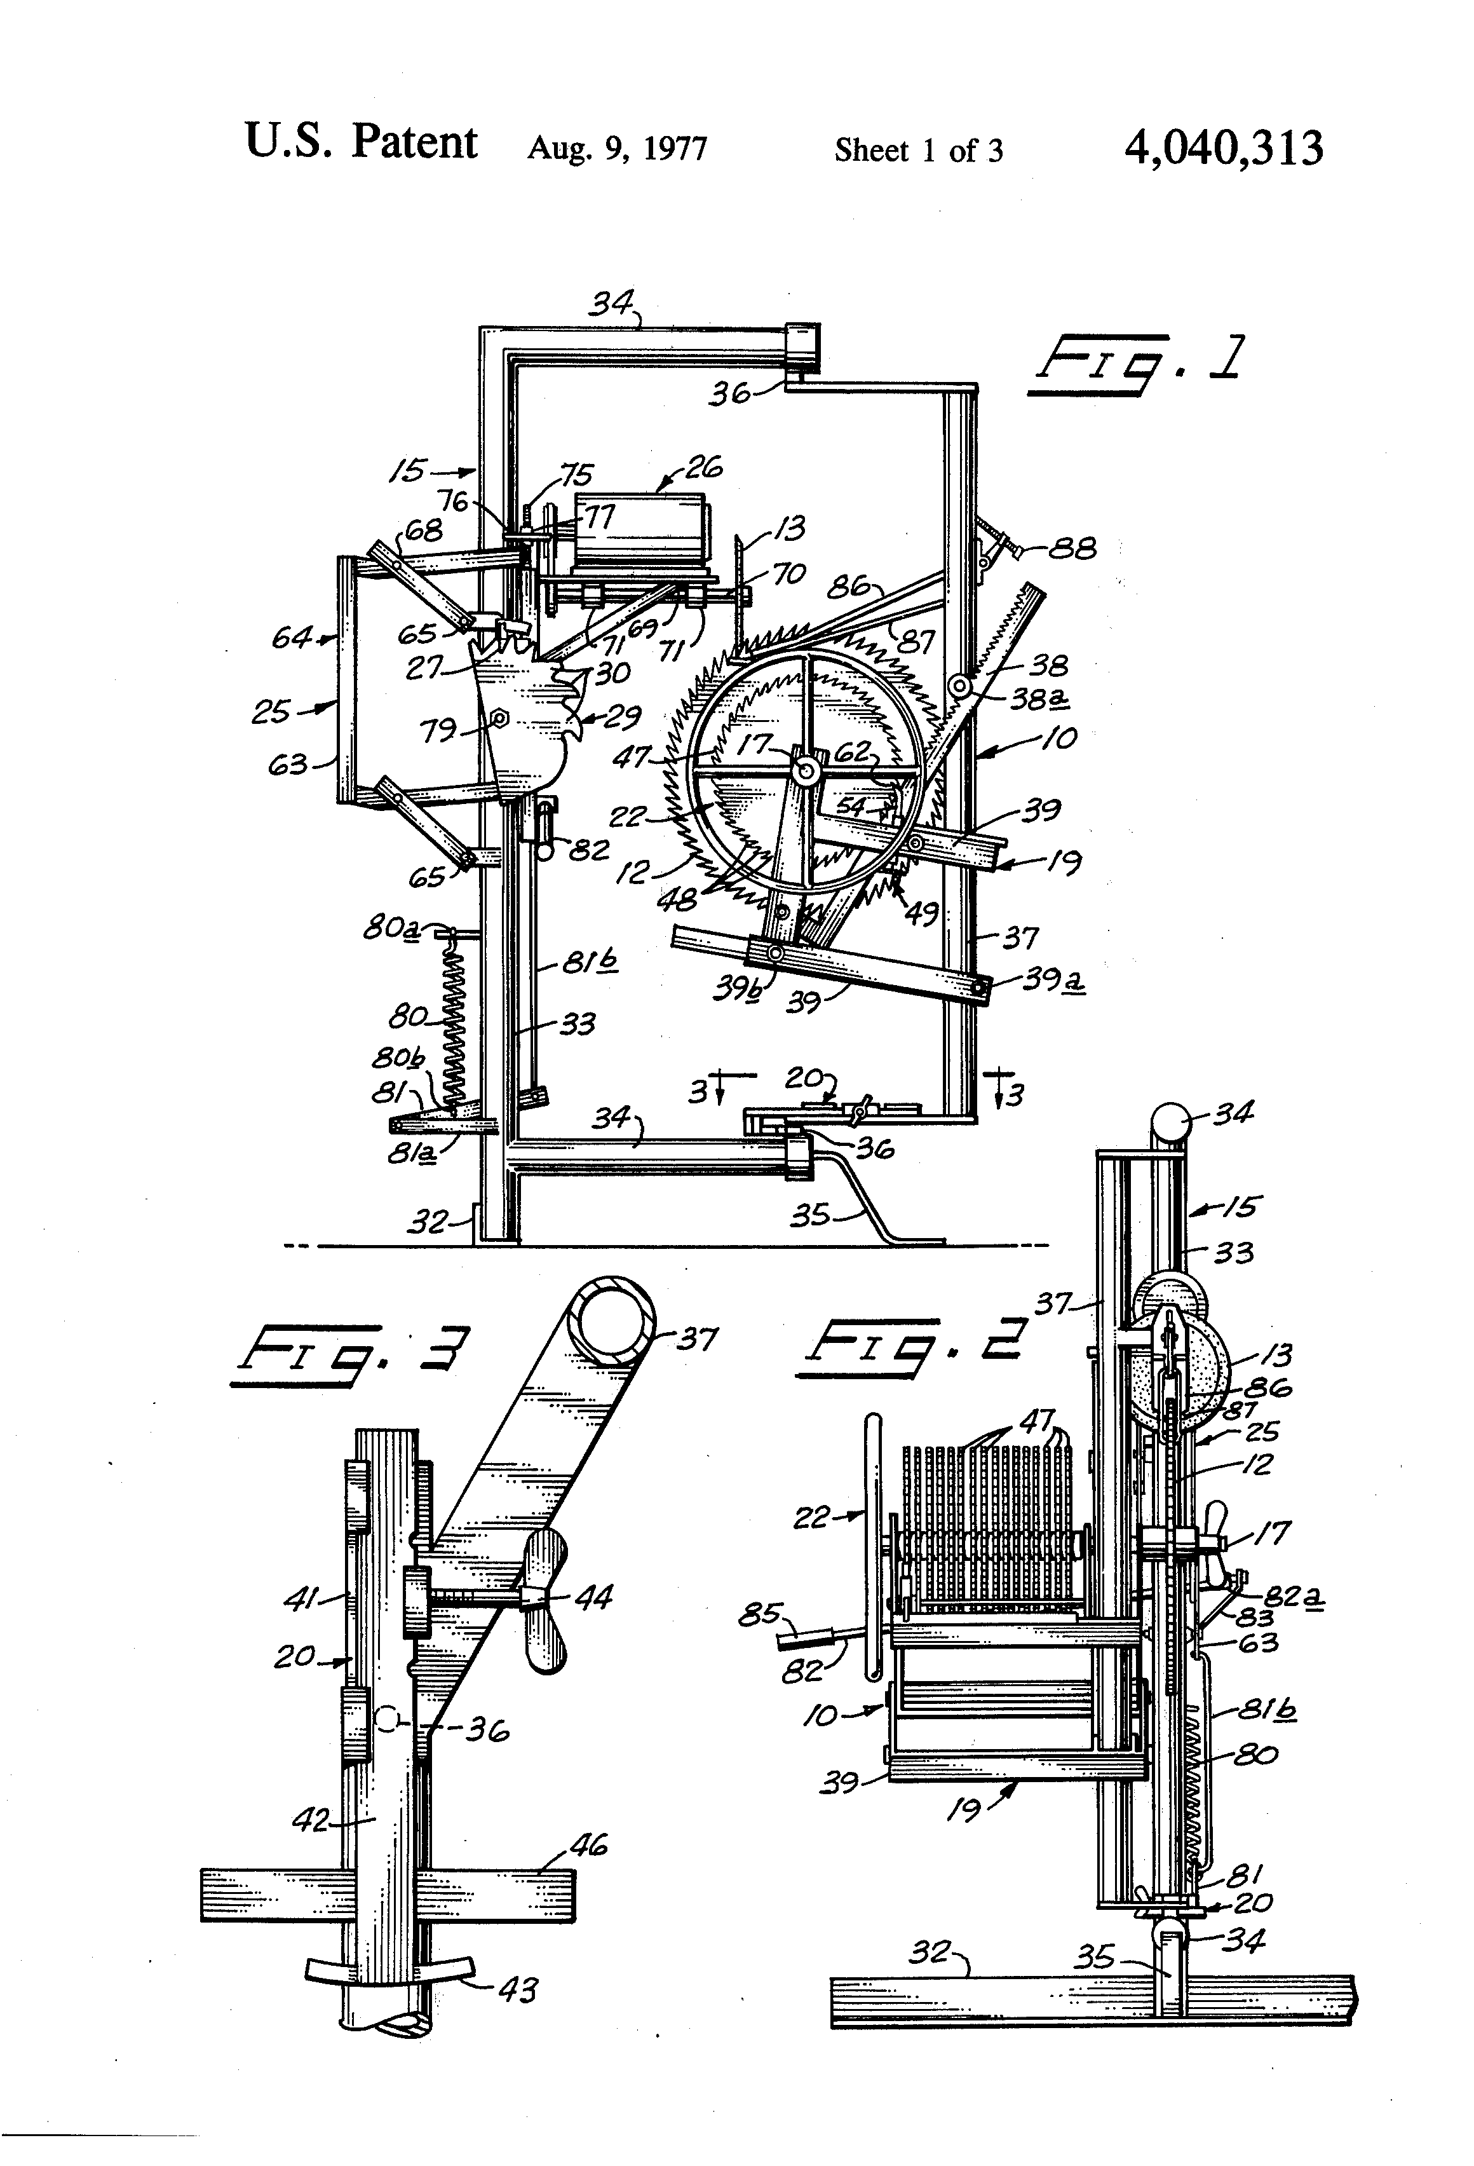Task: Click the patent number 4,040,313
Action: (1224, 148)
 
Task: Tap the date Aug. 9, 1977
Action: (617, 149)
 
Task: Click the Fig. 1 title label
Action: (1135, 365)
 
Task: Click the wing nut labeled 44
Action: (544, 1599)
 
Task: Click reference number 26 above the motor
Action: (703, 467)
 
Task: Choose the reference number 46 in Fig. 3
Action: (587, 1844)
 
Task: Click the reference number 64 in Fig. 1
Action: (291, 637)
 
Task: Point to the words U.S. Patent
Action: (361, 142)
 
